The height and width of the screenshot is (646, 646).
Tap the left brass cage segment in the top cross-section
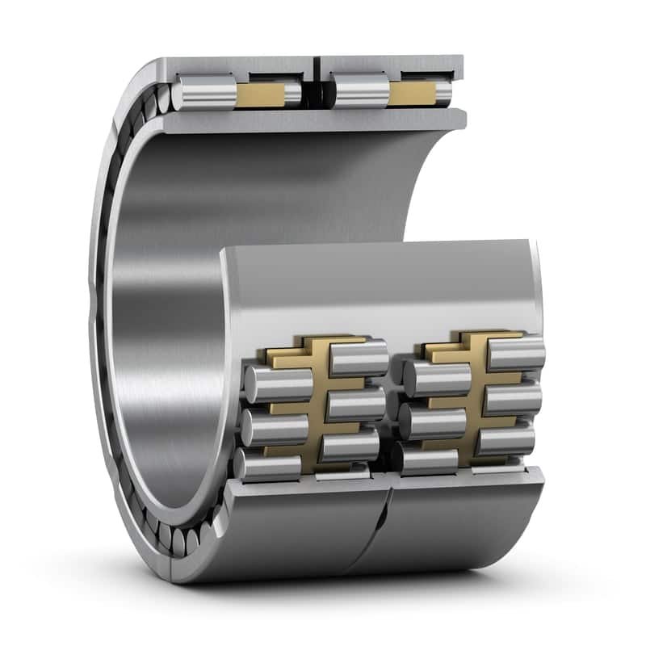pyautogui.click(x=261, y=94)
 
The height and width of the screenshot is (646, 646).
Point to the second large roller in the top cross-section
pyautogui.click(x=359, y=91)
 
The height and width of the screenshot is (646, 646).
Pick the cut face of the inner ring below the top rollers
pyautogui.click(x=315, y=120)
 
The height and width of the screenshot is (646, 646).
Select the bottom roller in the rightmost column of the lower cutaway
pyautogui.click(x=505, y=440)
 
